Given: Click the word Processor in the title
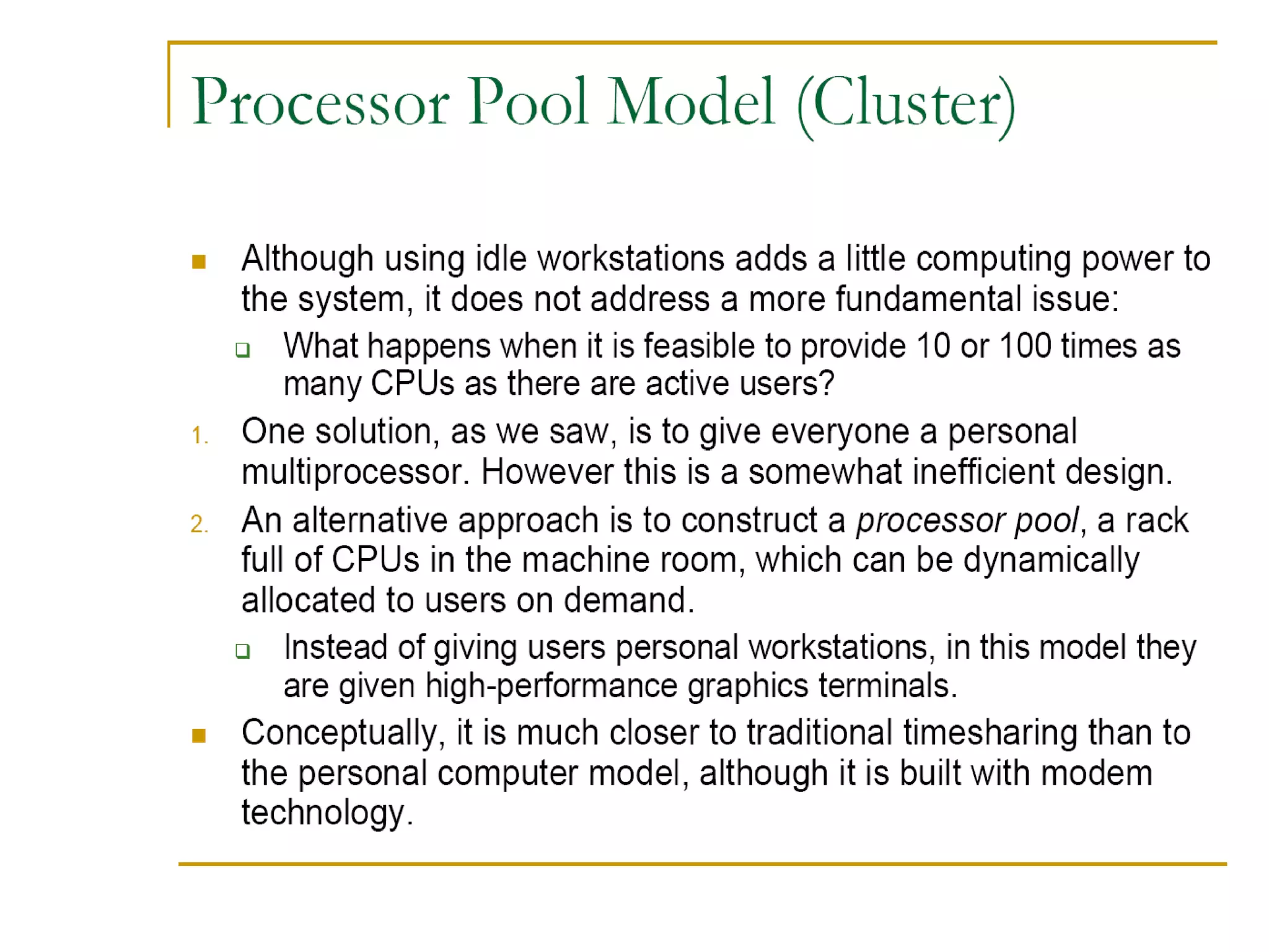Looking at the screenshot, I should [x=320, y=102].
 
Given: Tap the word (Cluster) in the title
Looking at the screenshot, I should [x=906, y=104].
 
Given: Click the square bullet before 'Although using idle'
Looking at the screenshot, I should [x=199, y=262].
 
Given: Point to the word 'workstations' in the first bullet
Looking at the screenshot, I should [x=630, y=259].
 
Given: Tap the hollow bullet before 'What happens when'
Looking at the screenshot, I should [x=243, y=350].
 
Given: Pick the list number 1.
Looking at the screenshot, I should [x=199, y=435].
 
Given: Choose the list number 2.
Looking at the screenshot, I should [x=199, y=524].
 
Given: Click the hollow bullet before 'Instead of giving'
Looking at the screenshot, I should [x=243, y=651].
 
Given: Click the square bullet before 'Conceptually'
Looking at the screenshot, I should [x=199, y=736].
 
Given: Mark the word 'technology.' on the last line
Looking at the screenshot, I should [x=327, y=813].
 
